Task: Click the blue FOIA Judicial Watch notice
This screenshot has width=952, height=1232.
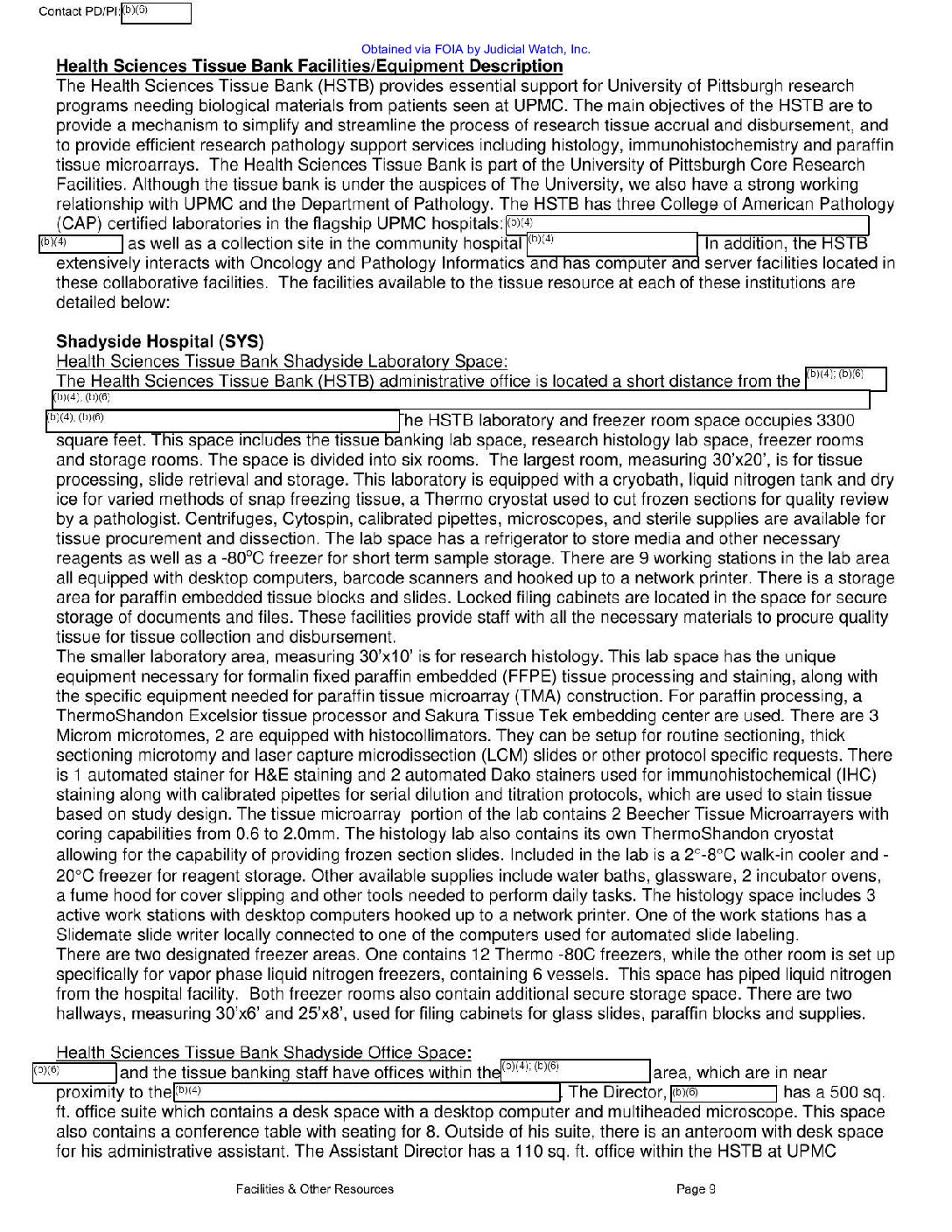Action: (475, 50)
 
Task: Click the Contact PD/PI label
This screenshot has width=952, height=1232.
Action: (79, 12)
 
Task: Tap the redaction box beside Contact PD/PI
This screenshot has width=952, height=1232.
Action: (155, 13)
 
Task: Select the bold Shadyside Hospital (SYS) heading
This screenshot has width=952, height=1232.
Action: (159, 341)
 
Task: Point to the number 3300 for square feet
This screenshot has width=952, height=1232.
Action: (835, 421)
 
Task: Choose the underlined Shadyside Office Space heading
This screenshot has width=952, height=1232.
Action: (263, 1053)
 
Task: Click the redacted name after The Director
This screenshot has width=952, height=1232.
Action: (724, 1093)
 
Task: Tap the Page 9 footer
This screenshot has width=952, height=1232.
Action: (696, 1189)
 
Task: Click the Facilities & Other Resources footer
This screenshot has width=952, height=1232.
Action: (314, 1189)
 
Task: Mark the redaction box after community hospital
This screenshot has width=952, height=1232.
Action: (612, 244)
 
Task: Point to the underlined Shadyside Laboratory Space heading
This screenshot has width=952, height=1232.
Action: (281, 361)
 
